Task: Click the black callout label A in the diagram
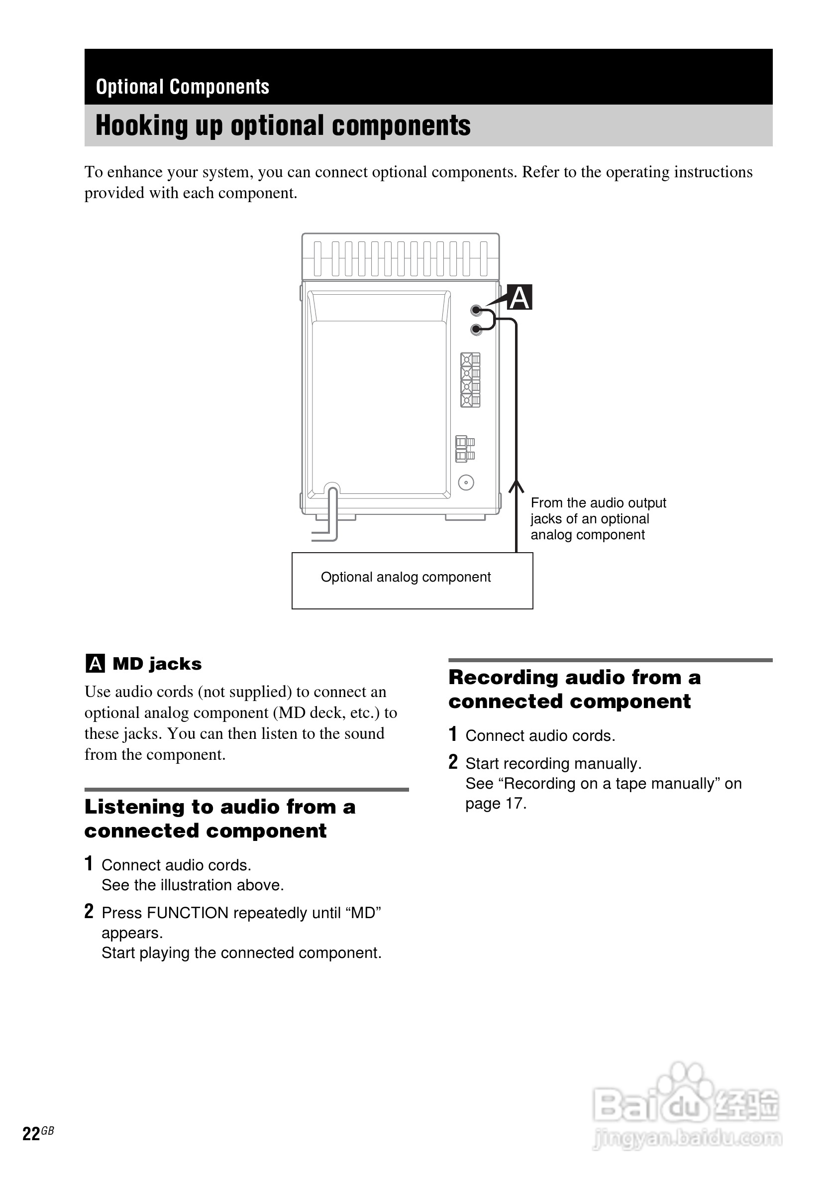pyautogui.click(x=520, y=297)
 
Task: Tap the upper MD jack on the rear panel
pyautogui.click(x=476, y=311)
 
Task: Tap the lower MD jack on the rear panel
pyautogui.click(x=476, y=329)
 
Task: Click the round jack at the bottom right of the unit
pyautogui.click(x=466, y=482)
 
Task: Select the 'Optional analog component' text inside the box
pyautogui.click(x=406, y=577)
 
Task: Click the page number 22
pyautogui.click(x=31, y=1133)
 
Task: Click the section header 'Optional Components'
pyautogui.click(x=183, y=87)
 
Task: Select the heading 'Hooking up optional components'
pyautogui.click(x=283, y=125)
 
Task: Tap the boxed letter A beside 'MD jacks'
pyautogui.click(x=95, y=663)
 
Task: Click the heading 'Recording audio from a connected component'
pyautogui.click(x=574, y=689)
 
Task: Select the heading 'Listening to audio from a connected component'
pyautogui.click(x=220, y=819)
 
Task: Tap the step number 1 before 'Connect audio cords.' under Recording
pyautogui.click(x=453, y=734)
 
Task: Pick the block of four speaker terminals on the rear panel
pyautogui.click(x=470, y=380)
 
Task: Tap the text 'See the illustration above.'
pyautogui.click(x=193, y=885)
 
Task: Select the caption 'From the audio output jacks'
pyautogui.click(x=598, y=510)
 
